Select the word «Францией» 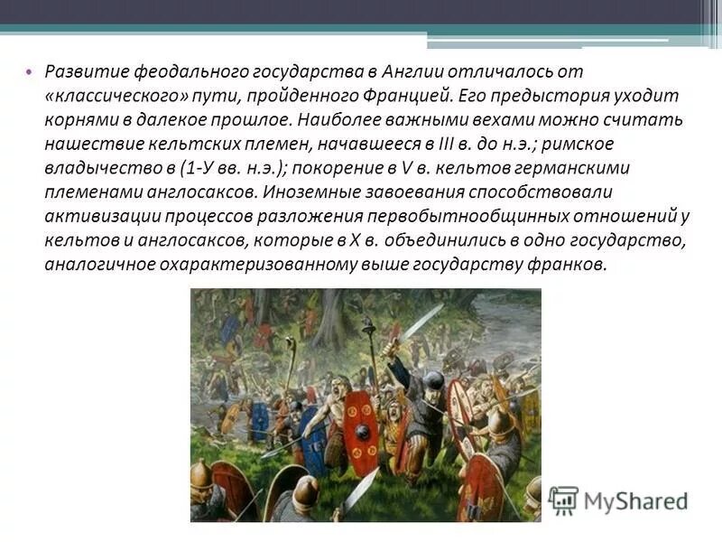click(412, 96)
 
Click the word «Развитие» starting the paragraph click(85, 71)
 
